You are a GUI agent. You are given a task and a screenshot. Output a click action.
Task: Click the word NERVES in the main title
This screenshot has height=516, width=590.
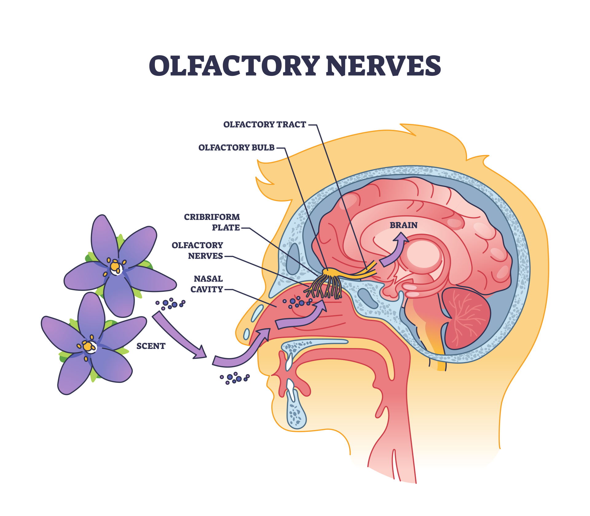click(383, 66)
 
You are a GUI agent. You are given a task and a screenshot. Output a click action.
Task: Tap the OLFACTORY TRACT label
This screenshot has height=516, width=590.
click(265, 124)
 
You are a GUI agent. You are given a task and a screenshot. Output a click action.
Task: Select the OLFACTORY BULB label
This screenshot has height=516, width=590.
click(236, 148)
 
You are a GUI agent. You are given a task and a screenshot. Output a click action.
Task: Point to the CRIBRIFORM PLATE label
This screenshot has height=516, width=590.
click(212, 222)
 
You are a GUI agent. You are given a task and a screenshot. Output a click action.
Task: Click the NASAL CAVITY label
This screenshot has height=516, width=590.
click(207, 284)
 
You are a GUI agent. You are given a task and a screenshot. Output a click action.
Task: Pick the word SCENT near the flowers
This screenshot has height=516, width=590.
click(151, 346)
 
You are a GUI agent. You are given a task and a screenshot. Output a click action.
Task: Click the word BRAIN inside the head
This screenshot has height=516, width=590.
click(403, 225)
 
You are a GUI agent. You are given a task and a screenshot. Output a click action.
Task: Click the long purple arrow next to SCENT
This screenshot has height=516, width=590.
click(178, 335)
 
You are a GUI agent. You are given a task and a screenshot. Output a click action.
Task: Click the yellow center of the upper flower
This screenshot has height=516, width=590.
click(115, 266)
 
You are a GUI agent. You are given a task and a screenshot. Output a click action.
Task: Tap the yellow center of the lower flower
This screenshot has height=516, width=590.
click(88, 346)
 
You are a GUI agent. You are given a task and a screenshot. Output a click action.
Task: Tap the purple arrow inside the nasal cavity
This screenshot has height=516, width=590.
click(301, 318)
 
